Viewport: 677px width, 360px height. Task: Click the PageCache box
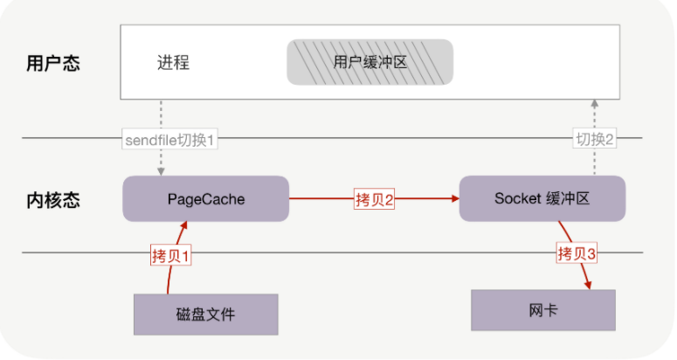click(x=206, y=199)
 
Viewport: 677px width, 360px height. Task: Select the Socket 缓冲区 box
click(x=542, y=198)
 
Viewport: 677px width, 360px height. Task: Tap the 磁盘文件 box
click(x=205, y=314)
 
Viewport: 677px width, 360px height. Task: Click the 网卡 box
click(x=542, y=309)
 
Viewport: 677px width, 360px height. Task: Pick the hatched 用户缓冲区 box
click(x=370, y=63)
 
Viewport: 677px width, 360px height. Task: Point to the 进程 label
click(x=173, y=63)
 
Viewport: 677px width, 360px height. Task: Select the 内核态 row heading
click(x=54, y=200)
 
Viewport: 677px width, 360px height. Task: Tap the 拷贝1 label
click(x=170, y=256)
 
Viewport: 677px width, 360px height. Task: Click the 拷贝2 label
click(x=375, y=199)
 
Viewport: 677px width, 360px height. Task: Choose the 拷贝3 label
click(x=577, y=254)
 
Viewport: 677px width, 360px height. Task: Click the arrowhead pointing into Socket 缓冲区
click(x=455, y=199)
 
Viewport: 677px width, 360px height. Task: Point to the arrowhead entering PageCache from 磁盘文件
click(x=185, y=225)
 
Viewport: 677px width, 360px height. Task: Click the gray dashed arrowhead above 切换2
click(x=595, y=103)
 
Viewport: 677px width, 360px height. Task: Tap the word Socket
click(x=513, y=198)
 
